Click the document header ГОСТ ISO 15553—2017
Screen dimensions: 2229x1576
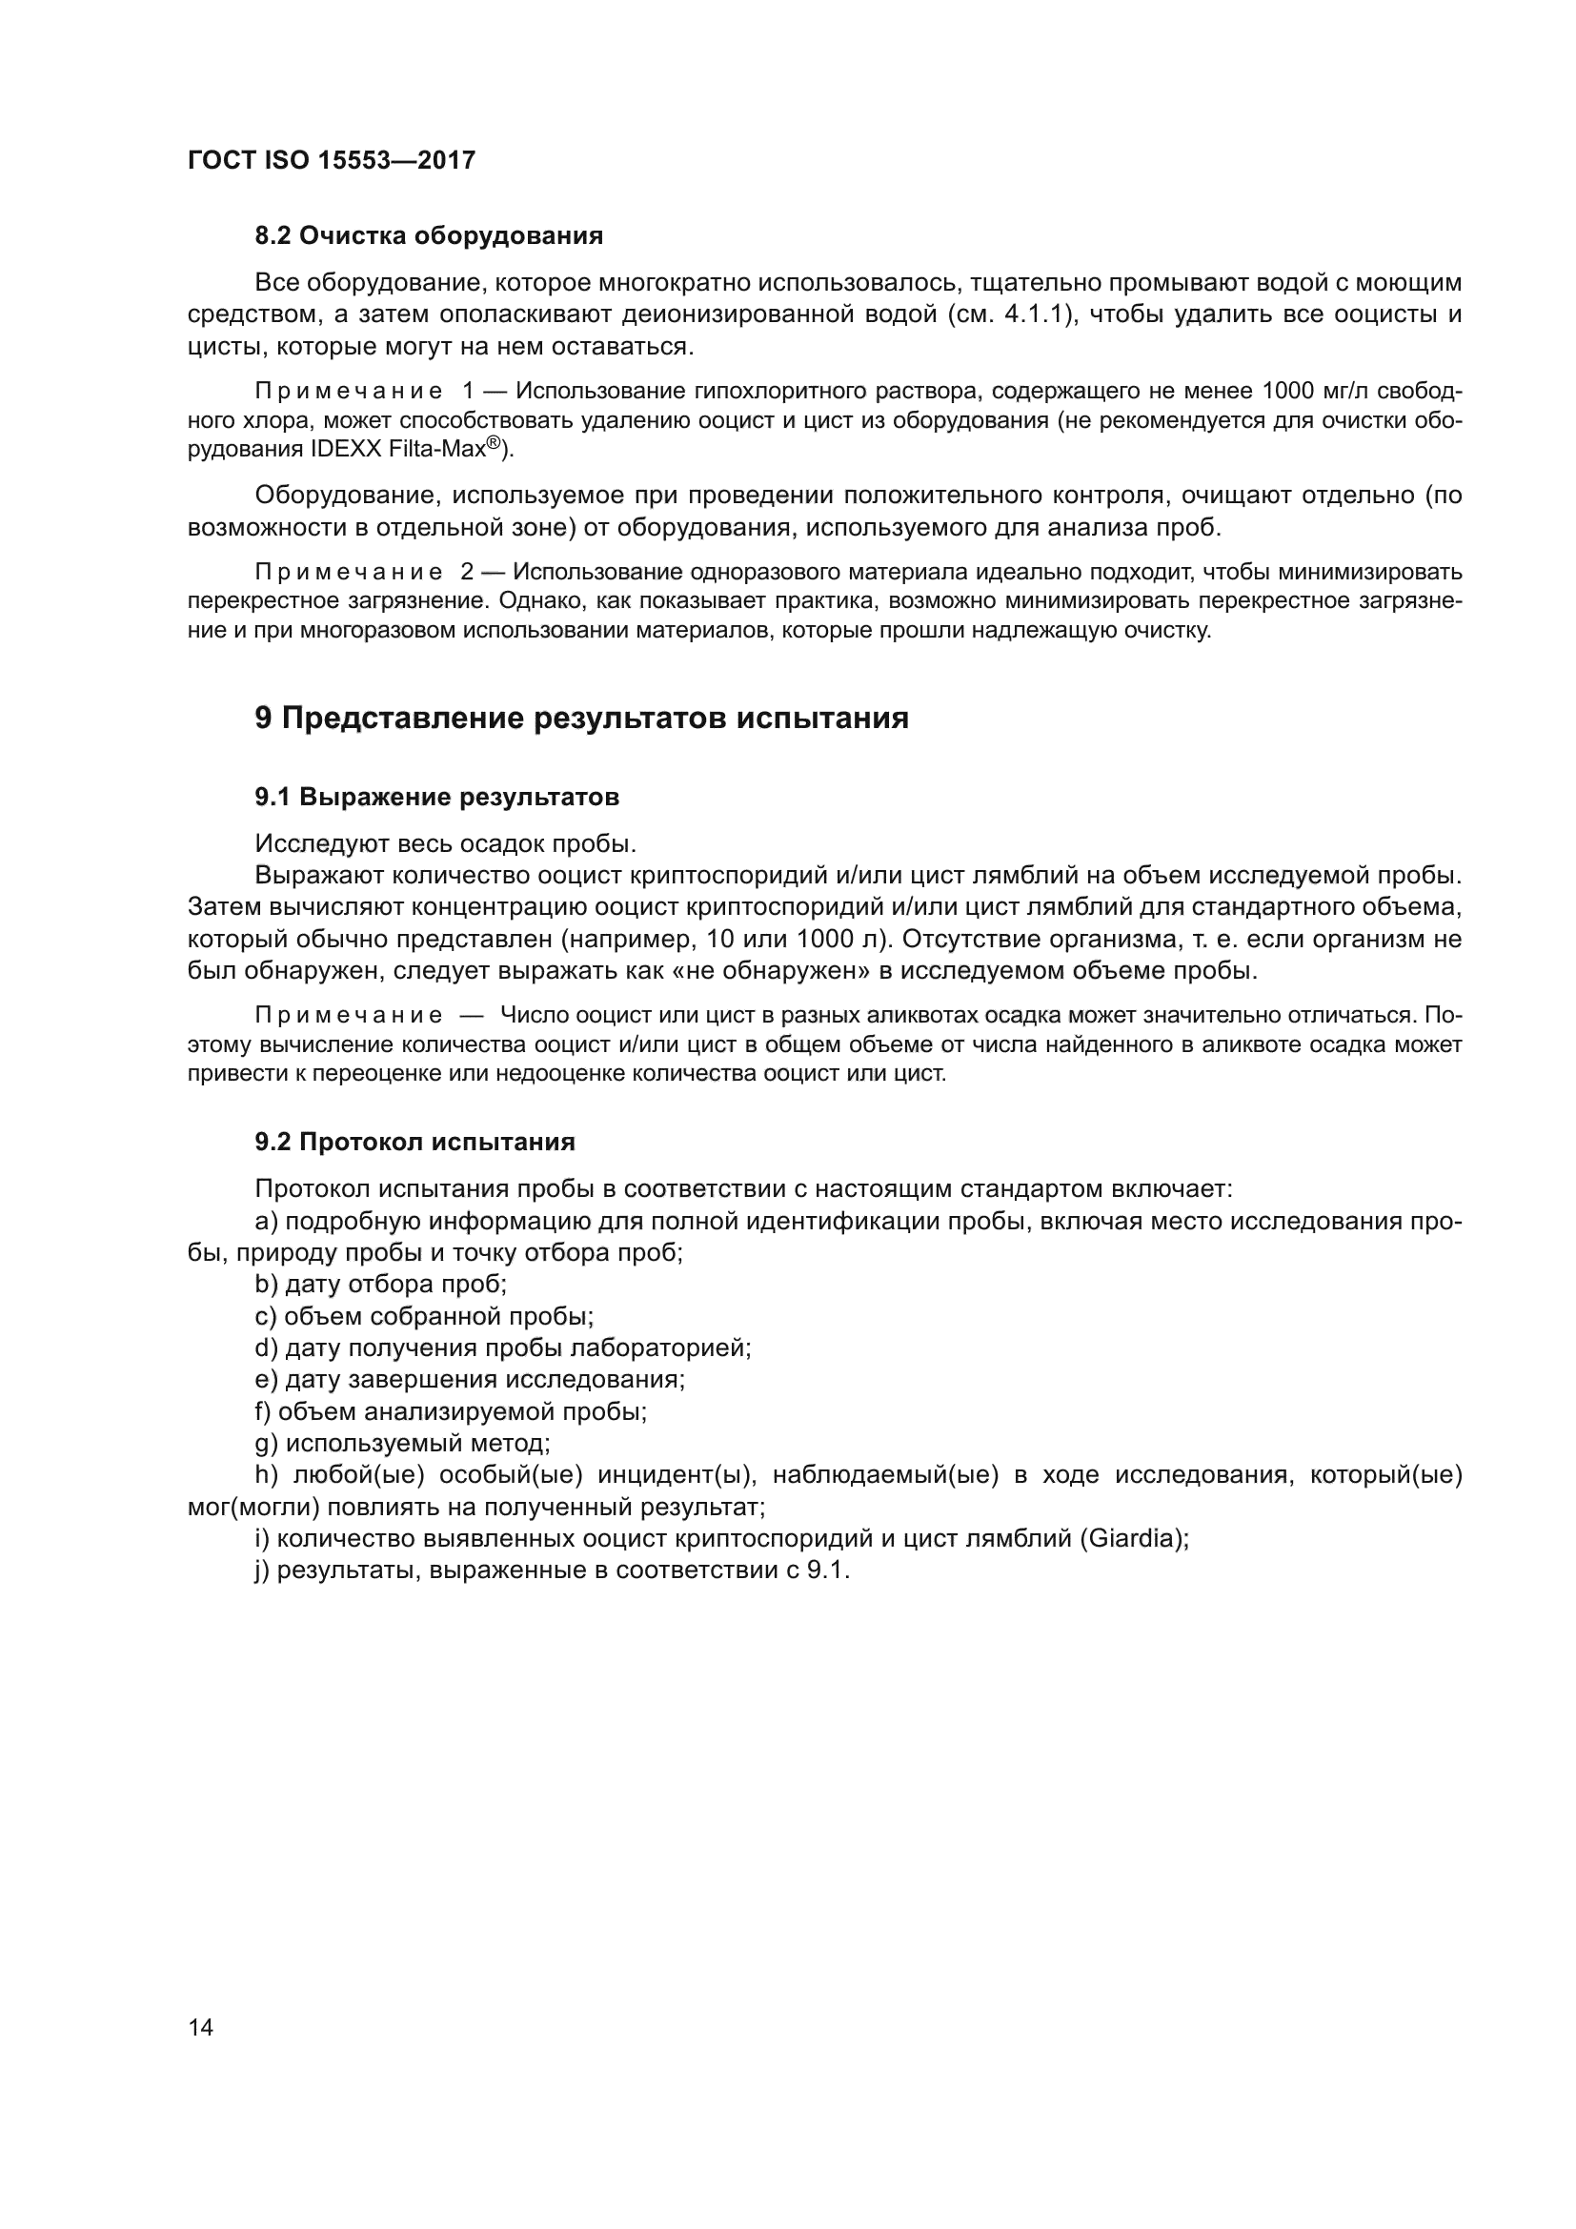(x=331, y=160)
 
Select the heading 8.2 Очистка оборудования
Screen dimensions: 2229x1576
(x=428, y=236)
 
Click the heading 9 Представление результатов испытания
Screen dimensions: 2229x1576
(x=581, y=719)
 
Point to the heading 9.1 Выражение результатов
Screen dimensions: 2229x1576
(x=436, y=797)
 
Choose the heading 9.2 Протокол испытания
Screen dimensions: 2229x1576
(x=414, y=1142)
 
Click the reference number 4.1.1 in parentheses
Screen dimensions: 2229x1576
(x=1039, y=315)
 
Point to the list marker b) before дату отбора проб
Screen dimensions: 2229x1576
(x=266, y=1285)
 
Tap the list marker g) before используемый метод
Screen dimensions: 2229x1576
(x=266, y=1444)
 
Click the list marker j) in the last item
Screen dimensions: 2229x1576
(x=262, y=1570)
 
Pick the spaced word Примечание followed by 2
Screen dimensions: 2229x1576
(x=350, y=572)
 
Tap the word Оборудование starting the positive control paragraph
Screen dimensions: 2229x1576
(x=345, y=496)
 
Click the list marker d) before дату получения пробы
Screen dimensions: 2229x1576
(x=266, y=1348)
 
